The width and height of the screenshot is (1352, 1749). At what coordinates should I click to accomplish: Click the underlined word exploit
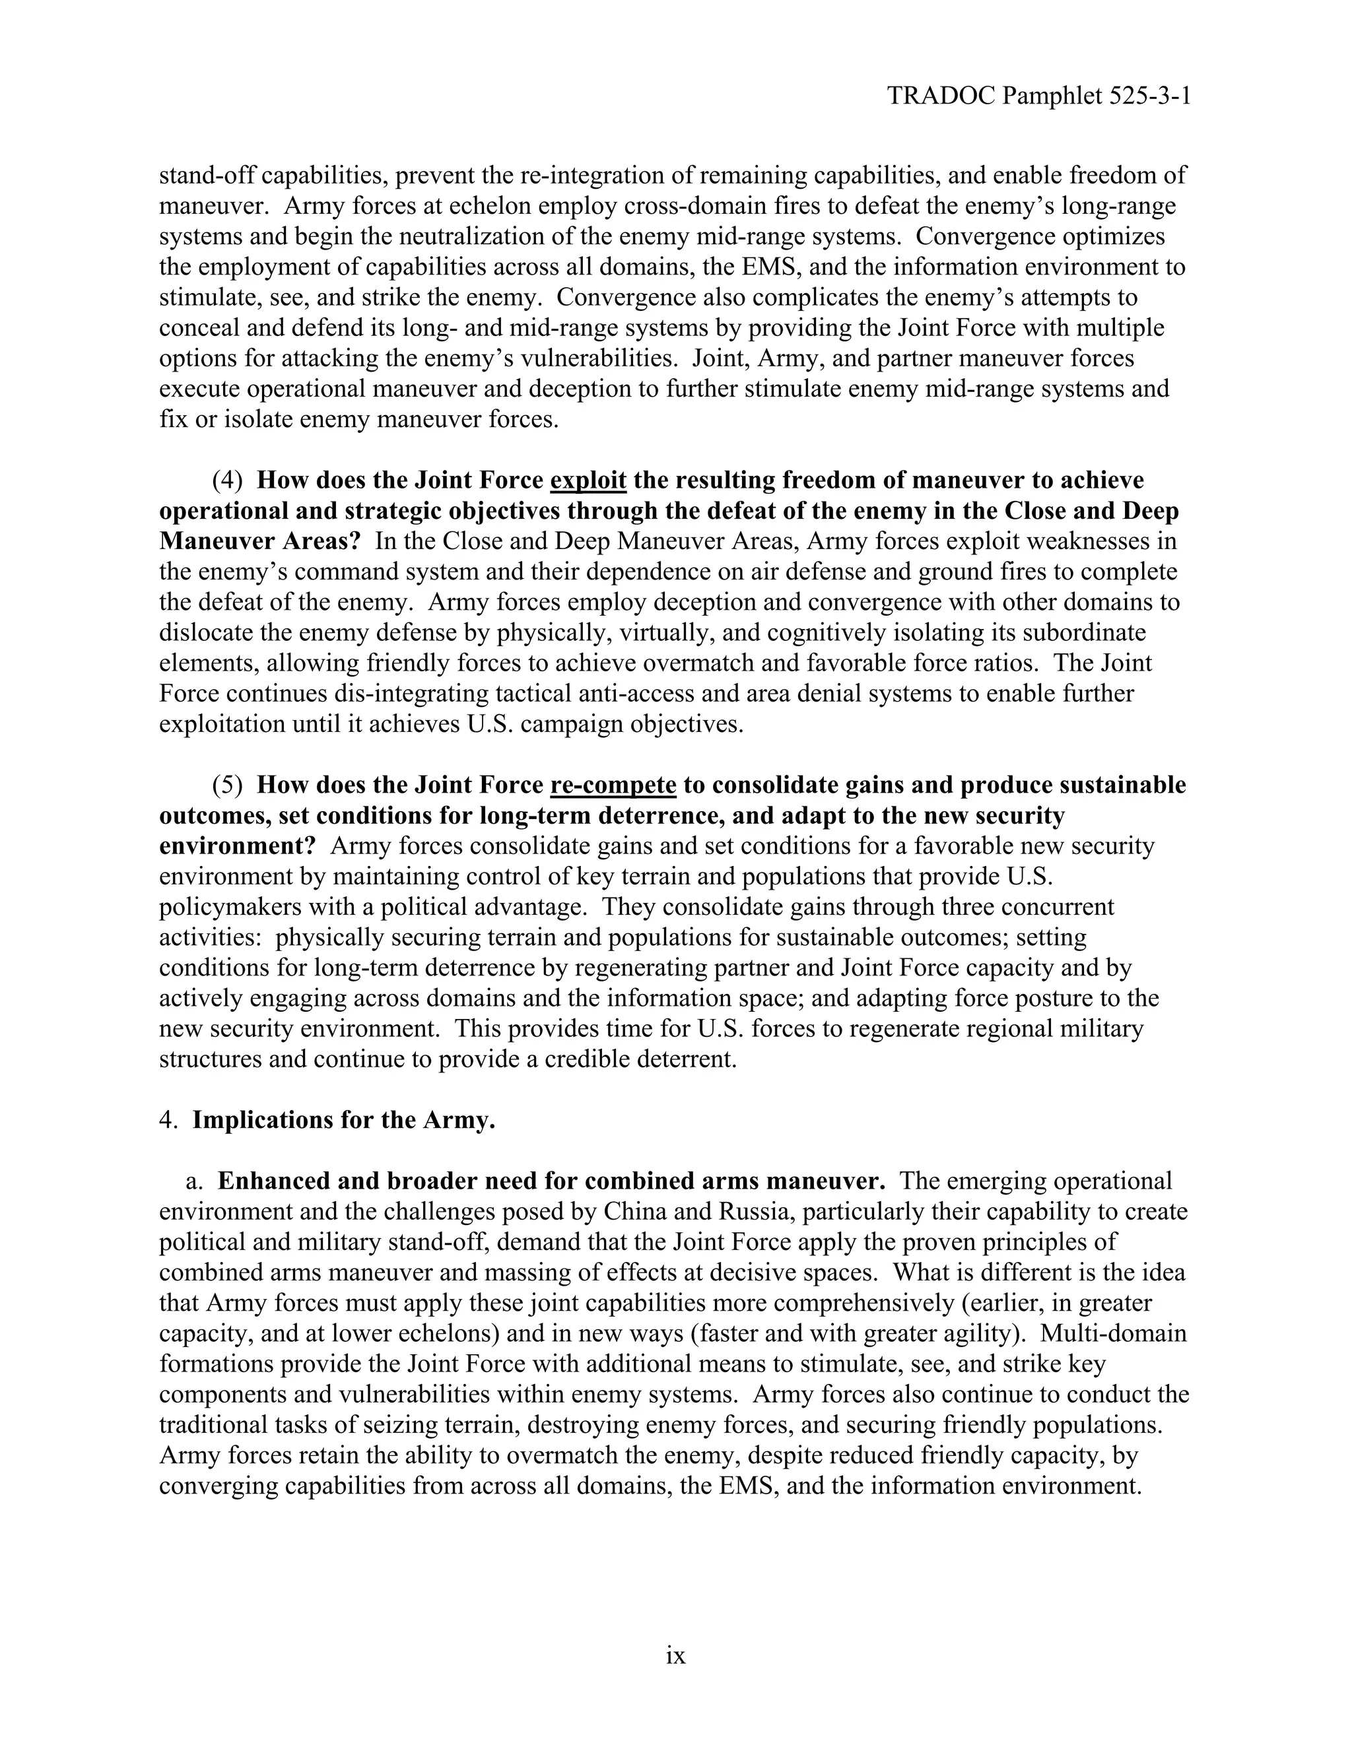point(589,480)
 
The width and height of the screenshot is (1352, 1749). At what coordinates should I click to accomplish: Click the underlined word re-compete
point(613,785)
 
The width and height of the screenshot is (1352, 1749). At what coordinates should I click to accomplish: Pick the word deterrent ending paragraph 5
point(685,1059)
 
